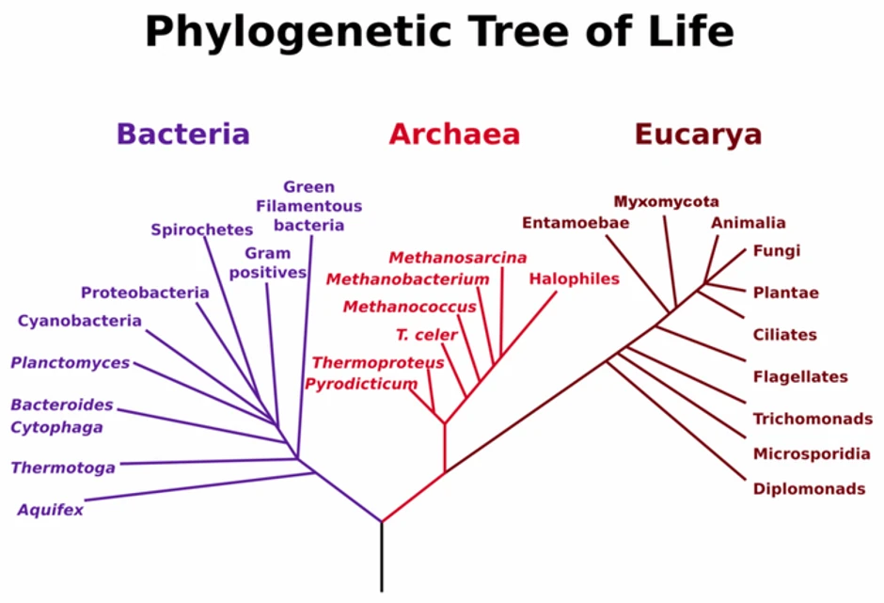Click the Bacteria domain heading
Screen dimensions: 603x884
point(183,134)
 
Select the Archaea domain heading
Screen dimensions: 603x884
point(454,135)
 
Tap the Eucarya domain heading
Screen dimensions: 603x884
point(698,135)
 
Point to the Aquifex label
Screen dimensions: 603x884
point(50,511)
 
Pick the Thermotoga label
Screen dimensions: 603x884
point(63,468)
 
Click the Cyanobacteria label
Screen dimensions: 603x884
point(80,321)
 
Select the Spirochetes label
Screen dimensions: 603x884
point(202,230)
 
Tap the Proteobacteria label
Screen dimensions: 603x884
point(145,293)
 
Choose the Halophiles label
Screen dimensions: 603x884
point(575,278)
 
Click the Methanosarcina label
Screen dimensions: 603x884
point(458,258)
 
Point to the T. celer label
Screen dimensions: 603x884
point(426,335)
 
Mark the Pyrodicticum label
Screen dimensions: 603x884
point(361,384)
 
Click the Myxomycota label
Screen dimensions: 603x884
point(666,201)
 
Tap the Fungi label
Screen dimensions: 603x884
point(776,251)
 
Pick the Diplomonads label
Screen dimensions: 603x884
point(809,488)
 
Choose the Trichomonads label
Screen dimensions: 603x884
point(813,419)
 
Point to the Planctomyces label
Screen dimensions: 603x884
point(71,363)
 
